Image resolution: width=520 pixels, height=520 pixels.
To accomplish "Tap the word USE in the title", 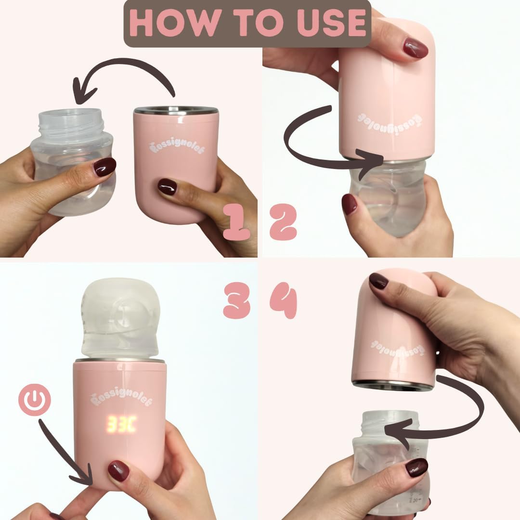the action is tap(331, 23).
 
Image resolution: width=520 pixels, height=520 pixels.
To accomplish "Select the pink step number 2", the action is tap(283, 221).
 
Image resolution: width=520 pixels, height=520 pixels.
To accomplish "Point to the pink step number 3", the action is tap(236, 300).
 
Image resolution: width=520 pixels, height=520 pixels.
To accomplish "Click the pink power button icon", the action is tap(35, 400).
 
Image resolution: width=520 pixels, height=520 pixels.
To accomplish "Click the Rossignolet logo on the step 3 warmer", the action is tap(121, 397).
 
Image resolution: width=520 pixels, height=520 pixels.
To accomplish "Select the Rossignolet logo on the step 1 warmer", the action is tap(177, 146).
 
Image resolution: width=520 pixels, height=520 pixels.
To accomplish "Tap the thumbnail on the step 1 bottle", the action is tap(104, 167).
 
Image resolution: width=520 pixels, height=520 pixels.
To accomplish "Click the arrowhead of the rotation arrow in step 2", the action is tap(370, 163).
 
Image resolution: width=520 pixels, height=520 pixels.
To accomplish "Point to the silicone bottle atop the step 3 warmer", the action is tap(120, 318).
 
